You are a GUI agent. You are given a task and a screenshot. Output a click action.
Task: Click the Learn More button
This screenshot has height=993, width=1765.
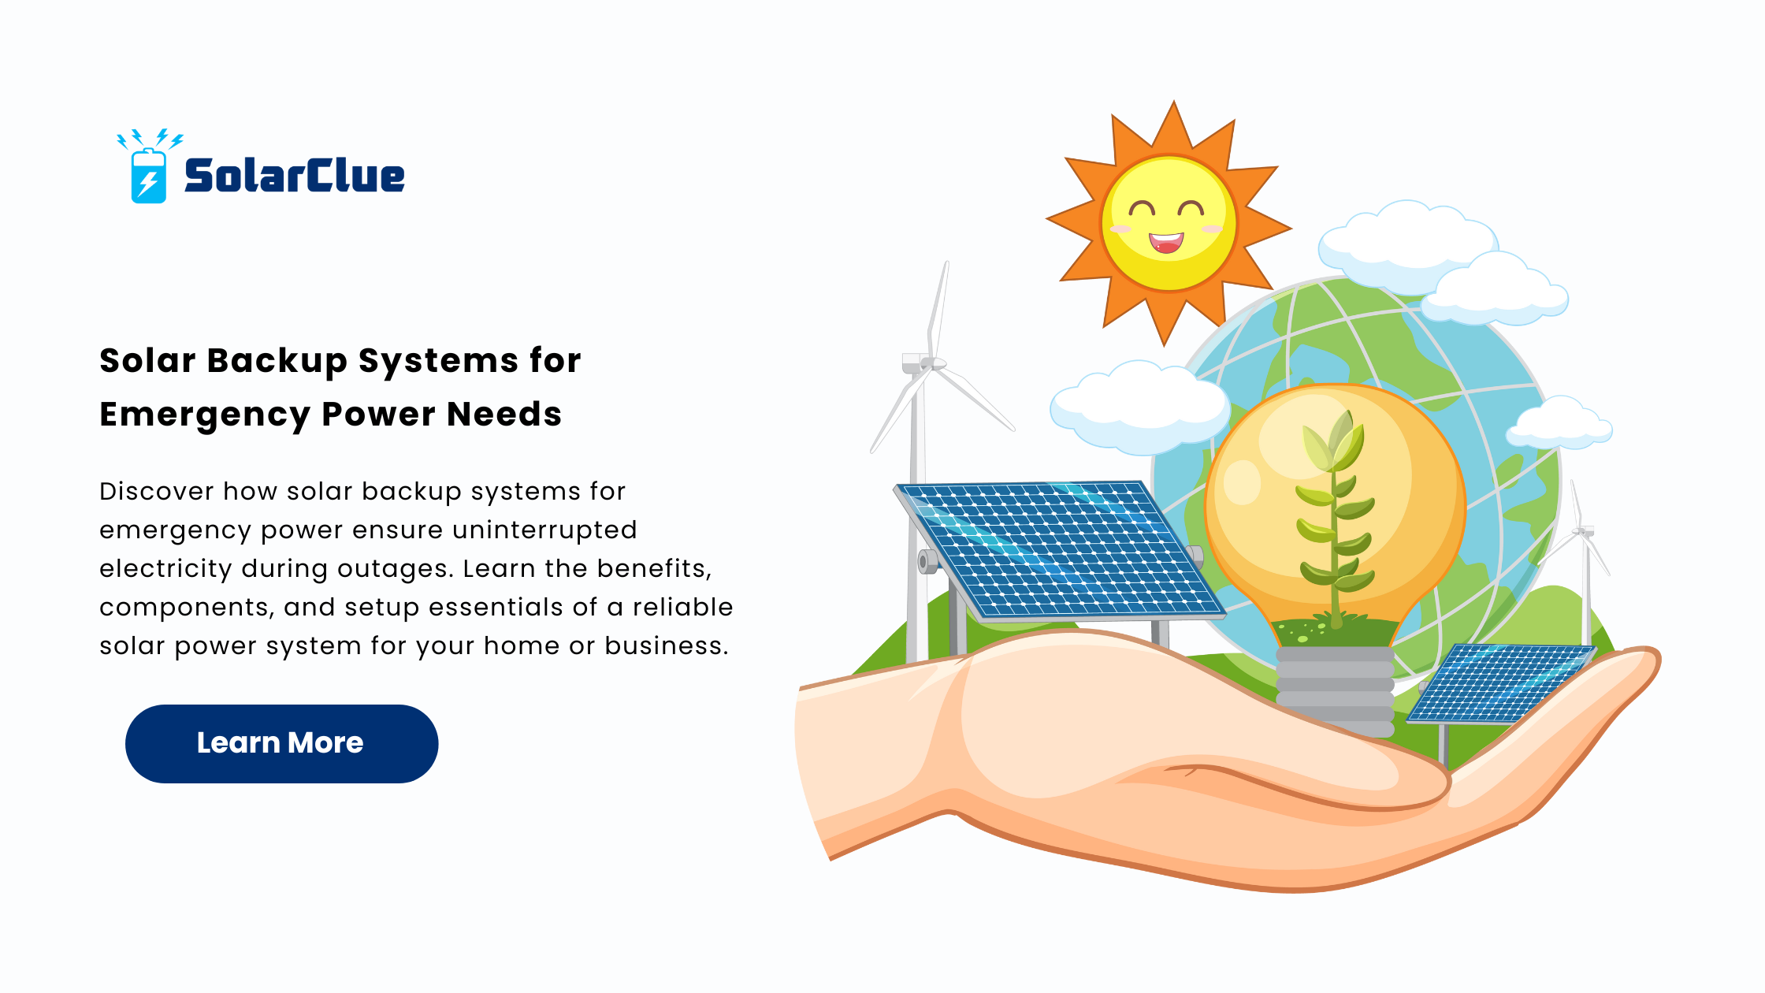[281, 743]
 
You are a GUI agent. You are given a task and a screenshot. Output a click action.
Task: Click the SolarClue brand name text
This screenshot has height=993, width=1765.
[295, 175]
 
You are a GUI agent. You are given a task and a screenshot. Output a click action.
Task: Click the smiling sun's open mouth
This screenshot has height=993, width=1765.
[1166, 242]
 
